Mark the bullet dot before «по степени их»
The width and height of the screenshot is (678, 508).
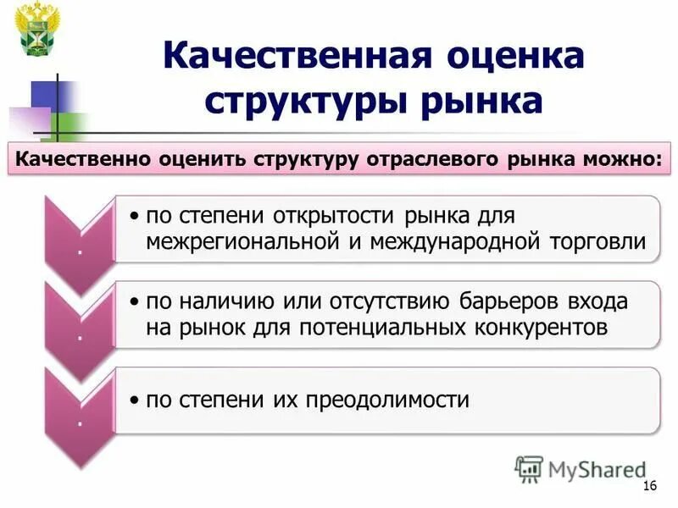pyautogui.click(x=135, y=400)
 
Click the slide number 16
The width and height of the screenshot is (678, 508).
pyautogui.click(x=651, y=484)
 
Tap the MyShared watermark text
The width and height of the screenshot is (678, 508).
pyautogui.click(x=597, y=468)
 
